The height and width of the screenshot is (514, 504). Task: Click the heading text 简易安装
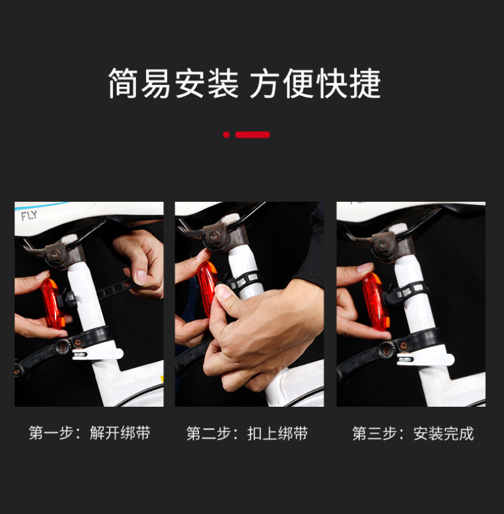(174, 83)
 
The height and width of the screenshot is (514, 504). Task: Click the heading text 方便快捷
(316, 83)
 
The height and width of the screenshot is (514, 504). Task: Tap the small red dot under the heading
(226, 135)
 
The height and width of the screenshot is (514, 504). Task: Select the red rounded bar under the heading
(253, 135)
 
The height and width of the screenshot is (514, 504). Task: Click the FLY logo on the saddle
(29, 216)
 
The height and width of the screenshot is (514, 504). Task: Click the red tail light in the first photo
(53, 303)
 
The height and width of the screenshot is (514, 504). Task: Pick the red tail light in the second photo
(207, 288)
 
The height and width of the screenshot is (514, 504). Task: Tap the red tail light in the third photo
(376, 301)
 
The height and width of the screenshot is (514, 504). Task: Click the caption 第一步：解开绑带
(89, 433)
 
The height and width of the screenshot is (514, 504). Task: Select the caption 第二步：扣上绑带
(247, 433)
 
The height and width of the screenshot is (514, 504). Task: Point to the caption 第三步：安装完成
(413, 433)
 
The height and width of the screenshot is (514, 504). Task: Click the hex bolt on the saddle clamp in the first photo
(54, 254)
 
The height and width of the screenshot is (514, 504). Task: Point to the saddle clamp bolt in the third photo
(382, 245)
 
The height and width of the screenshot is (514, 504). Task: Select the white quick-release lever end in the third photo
(425, 359)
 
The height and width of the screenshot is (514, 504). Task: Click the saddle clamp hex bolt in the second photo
(213, 236)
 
